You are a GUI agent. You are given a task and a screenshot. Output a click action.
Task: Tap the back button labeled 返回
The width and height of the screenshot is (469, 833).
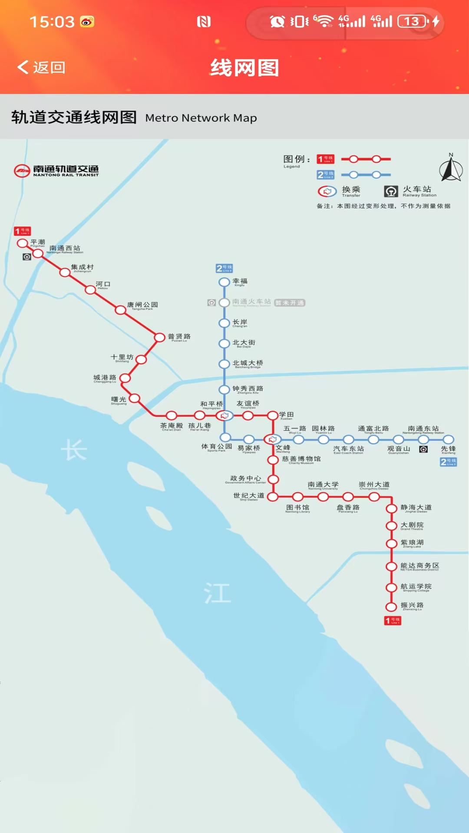click(41, 67)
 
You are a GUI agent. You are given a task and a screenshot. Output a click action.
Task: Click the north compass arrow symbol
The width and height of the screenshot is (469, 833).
click(451, 169)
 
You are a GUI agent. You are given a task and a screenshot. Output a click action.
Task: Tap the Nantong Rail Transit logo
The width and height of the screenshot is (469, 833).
click(56, 171)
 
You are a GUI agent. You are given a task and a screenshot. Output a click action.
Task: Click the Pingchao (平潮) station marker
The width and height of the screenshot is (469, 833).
click(22, 243)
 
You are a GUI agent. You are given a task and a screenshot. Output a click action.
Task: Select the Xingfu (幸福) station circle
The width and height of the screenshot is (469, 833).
click(224, 282)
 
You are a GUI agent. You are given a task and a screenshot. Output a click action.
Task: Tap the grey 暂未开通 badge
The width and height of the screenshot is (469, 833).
click(290, 303)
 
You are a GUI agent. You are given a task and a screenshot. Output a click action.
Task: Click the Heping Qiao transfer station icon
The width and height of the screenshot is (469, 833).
click(225, 416)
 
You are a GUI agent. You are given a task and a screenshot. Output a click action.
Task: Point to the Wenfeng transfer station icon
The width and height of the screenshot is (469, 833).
click(272, 439)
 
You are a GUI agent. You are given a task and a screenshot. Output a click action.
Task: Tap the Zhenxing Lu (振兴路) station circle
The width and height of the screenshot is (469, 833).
click(391, 607)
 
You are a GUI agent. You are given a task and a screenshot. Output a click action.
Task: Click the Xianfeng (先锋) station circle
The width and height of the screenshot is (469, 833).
click(448, 439)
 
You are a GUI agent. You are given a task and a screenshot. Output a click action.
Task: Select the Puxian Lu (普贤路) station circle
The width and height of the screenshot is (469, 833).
click(160, 337)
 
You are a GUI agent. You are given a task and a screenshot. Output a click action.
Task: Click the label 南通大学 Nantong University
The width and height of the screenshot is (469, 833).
click(323, 485)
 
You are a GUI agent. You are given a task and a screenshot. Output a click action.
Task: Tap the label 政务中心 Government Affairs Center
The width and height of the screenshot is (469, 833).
click(246, 479)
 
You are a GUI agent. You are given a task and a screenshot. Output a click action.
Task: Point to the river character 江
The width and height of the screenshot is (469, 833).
click(218, 593)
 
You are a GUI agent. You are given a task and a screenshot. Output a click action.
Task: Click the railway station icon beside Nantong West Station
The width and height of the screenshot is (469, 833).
click(27, 257)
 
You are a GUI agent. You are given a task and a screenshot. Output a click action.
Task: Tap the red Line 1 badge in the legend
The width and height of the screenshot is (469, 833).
click(325, 159)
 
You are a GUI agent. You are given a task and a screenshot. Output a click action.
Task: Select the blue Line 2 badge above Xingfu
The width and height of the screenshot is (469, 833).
click(225, 269)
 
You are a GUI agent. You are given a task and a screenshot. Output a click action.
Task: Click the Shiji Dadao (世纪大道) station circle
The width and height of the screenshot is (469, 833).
click(272, 497)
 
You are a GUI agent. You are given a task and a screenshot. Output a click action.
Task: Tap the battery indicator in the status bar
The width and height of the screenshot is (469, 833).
click(412, 21)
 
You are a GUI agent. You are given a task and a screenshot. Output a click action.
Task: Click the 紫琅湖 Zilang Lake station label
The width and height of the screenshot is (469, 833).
click(412, 543)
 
